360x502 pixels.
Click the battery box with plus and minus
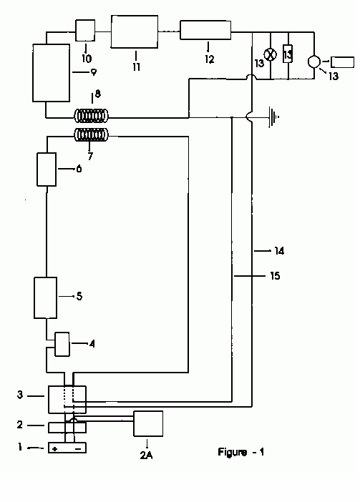pyautogui.click(x=67, y=448)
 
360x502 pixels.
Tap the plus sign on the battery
pyautogui.click(x=55, y=449)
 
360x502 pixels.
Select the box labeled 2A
pyautogui.click(x=148, y=423)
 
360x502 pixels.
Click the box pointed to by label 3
pyautogui.click(x=67, y=400)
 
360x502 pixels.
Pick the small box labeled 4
pyautogui.click(x=62, y=344)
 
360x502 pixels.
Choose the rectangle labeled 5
pyautogui.click(x=46, y=297)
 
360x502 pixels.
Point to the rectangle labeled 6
pyautogui.click(x=47, y=169)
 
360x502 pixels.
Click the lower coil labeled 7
pyautogui.click(x=92, y=134)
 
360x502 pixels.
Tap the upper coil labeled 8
pyautogui.click(x=92, y=116)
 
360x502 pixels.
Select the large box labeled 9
pyautogui.click(x=52, y=73)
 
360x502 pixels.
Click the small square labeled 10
pyautogui.click(x=85, y=31)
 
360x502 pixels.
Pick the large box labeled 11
pyautogui.click(x=135, y=31)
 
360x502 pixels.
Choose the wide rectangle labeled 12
pyautogui.click(x=205, y=30)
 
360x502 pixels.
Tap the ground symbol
pyautogui.click(x=273, y=117)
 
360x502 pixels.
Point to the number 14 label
pyautogui.click(x=279, y=251)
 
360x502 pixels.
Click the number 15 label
pyautogui.click(x=275, y=275)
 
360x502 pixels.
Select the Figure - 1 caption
pyautogui.click(x=241, y=452)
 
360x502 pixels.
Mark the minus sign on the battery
pyautogui.click(x=78, y=449)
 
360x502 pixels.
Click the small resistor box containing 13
pyautogui.click(x=288, y=54)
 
